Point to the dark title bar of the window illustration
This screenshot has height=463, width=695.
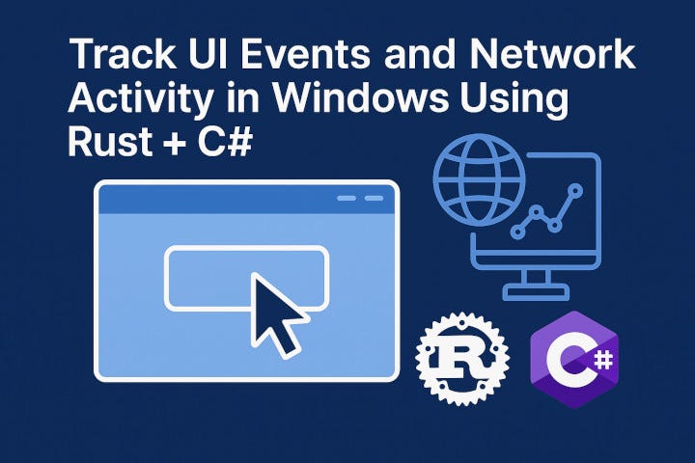245,200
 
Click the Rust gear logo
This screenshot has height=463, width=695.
460,357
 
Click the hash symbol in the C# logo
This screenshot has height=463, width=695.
601,360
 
